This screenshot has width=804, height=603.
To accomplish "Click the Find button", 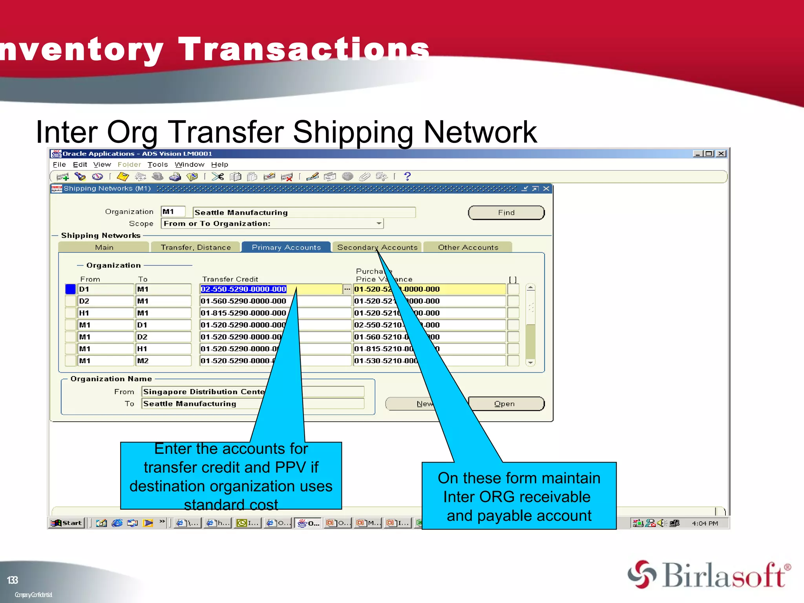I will pyautogui.click(x=506, y=212).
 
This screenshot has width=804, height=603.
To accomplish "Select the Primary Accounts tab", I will pyautogui.click(x=286, y=247).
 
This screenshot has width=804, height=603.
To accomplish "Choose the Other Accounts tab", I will pyautogui.click(x=468, y=247).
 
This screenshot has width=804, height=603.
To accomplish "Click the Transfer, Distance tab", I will pyautogui.click(x=196, y=247).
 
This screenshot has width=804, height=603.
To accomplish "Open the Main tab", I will pyautogui.click(x=104, y=247).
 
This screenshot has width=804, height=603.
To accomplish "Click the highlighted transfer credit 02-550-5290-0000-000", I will pyautogui.click(x=243, y=289).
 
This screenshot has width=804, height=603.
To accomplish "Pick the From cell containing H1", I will pyautogui.click(x=105, y=313).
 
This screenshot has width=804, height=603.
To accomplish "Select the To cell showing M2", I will pyautogui.click(x=163, y=360).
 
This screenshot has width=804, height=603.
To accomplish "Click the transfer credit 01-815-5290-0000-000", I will pyautogui.click(x=243, y=313).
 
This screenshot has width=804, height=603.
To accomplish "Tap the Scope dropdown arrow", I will pyautogui.click(x=378, y=223).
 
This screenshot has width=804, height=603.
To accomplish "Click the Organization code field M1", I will pyautogui.click(x=173, y=212).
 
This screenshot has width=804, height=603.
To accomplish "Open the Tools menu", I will pyautogui.click(x=157, y=164).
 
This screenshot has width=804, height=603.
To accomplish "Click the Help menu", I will pyautogui.click(x=219, y=164).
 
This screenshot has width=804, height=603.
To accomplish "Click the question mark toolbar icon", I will pyautogui.click(x=407, y=176).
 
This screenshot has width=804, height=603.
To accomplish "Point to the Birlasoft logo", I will pyautogui.click(x=709, y=575).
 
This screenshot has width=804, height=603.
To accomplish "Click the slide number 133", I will pyautogui.click(x=13, y=580).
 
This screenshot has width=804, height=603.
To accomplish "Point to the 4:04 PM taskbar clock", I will pyautogui.click(x=705, y=523).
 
